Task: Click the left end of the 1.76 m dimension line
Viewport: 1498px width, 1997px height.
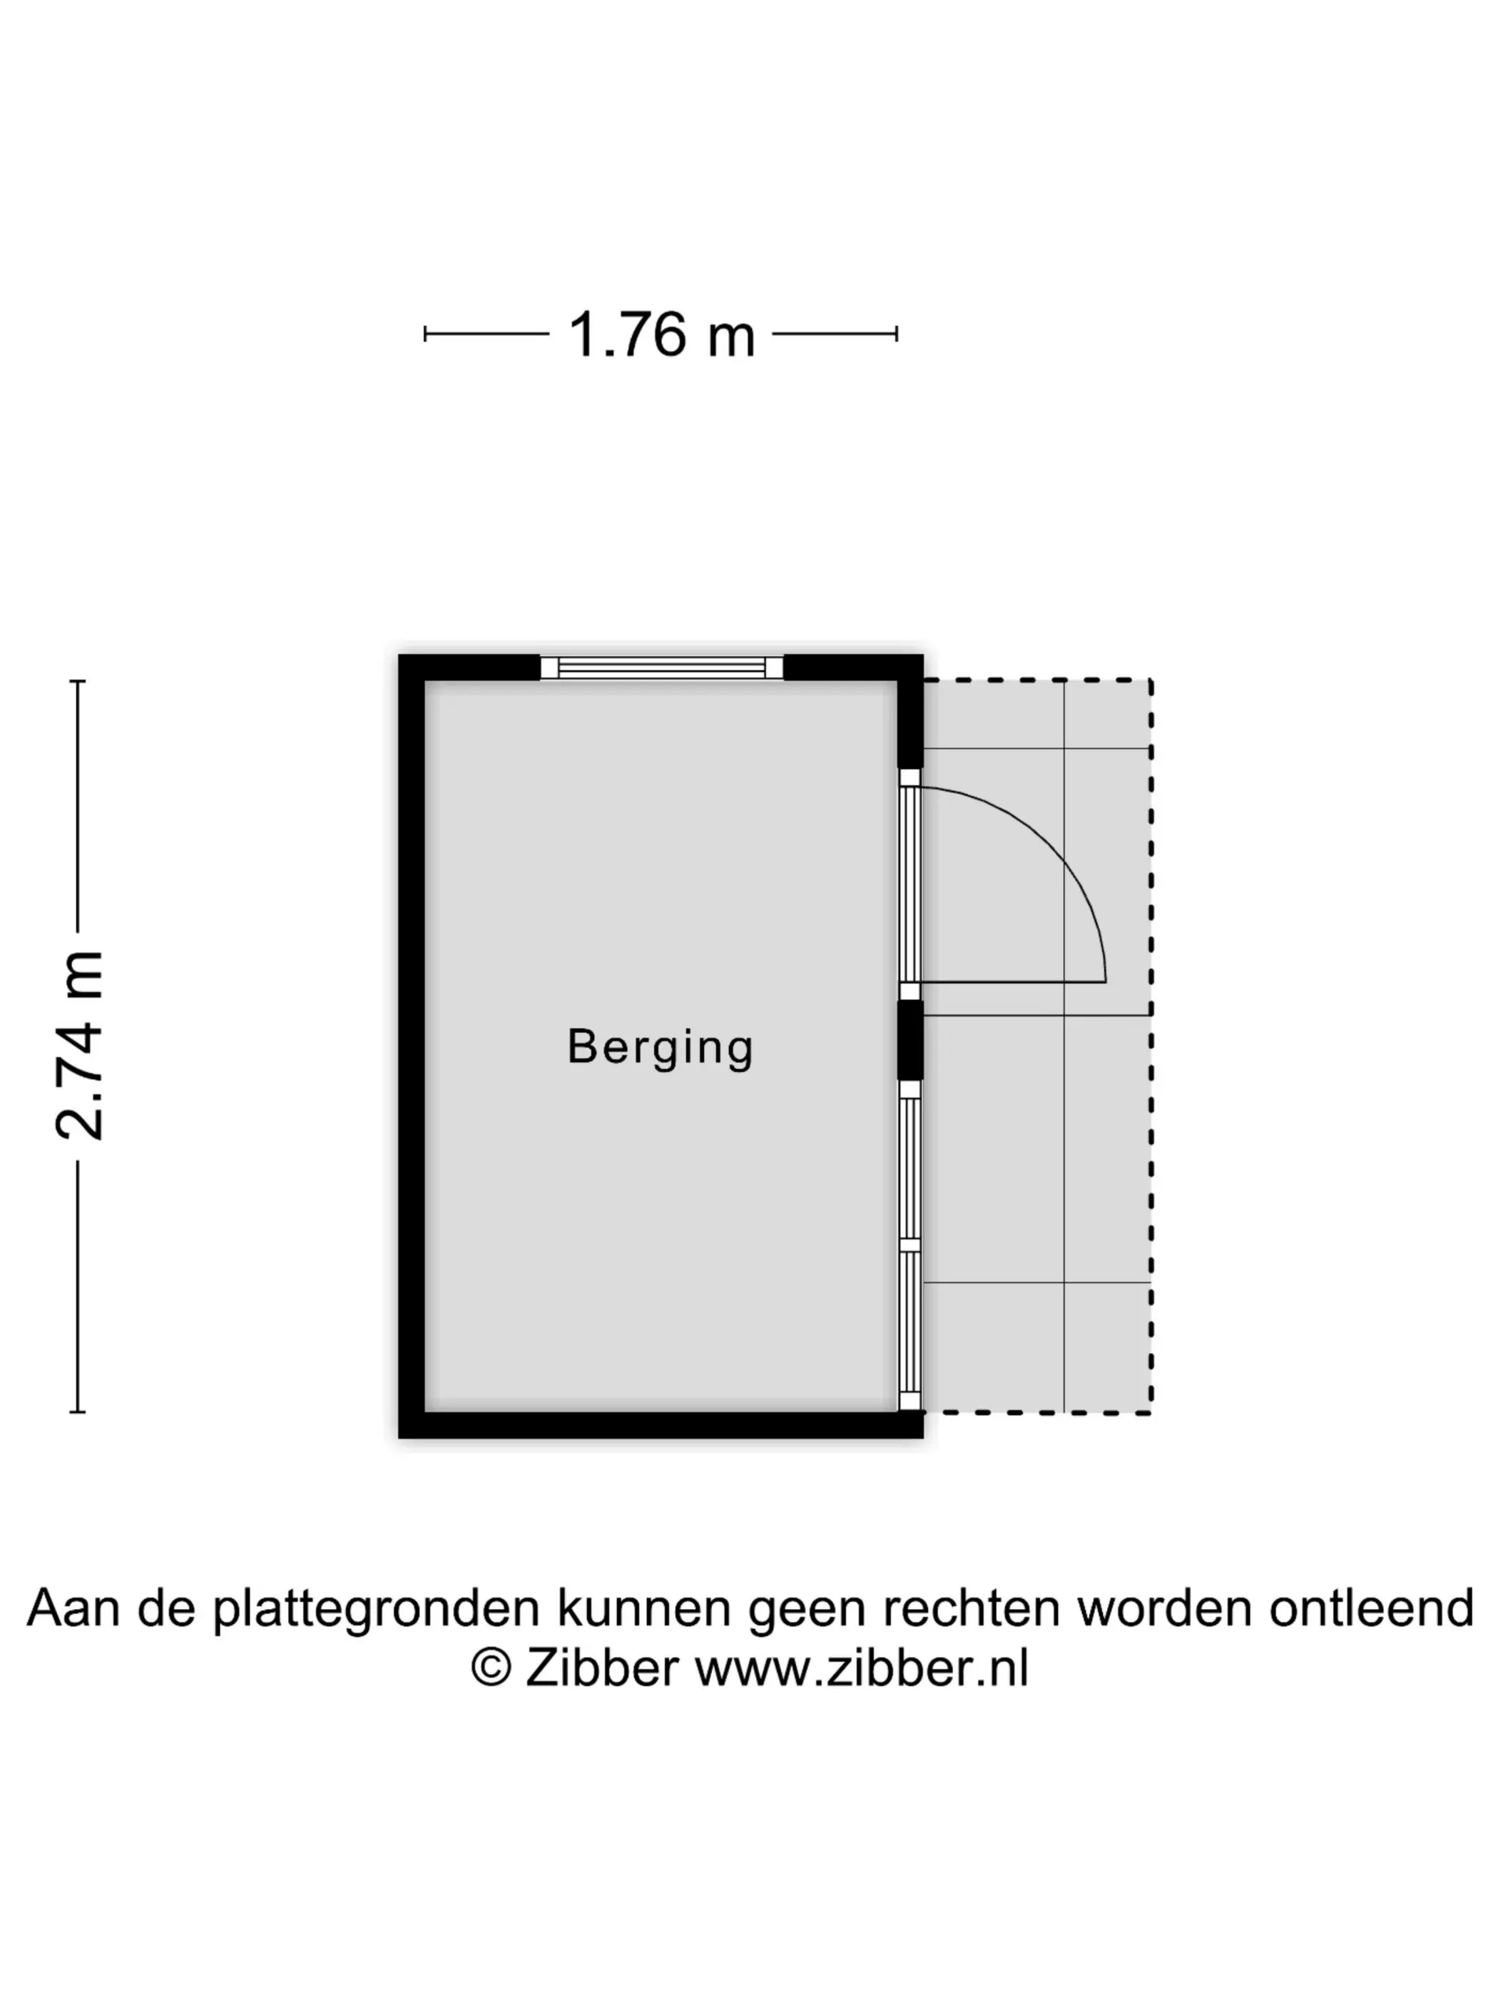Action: [x=425, y=334]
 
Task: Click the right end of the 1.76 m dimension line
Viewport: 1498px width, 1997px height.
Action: [x=897, y=334]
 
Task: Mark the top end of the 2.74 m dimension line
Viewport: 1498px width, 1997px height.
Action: [x=78, y=680]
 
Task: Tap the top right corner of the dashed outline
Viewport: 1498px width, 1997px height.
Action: [x=1151, y=680]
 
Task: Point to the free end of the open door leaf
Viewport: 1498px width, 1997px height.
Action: [x=1105, y=981]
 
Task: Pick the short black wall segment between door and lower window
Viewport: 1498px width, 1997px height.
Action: [x=910, y=1040]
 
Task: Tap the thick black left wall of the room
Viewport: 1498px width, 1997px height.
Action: [x=412, y=1046]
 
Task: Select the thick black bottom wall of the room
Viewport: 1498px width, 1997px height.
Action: [x=661, y=1424]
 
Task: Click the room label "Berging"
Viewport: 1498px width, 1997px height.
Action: [x=660, y=1047]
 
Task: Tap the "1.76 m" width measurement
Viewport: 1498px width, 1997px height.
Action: [x=661, y=335]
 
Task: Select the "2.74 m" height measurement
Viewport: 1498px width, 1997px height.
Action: [x=79, y=1046]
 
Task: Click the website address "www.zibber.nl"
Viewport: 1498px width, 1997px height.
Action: [x=862, y=1667]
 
